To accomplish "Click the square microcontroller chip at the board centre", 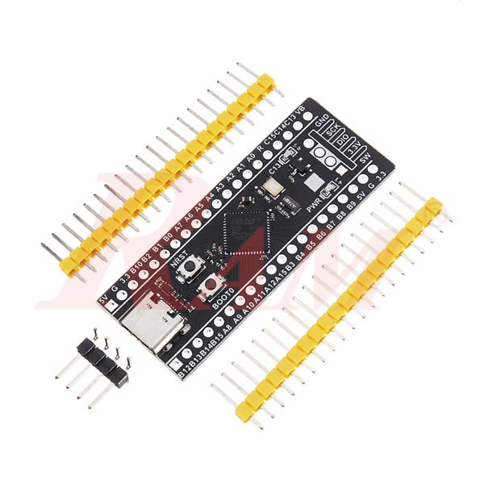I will [240, 229].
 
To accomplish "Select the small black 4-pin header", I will [104, 358].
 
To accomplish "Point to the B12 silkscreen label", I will [183, 372].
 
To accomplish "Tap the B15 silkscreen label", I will [216, 342].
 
